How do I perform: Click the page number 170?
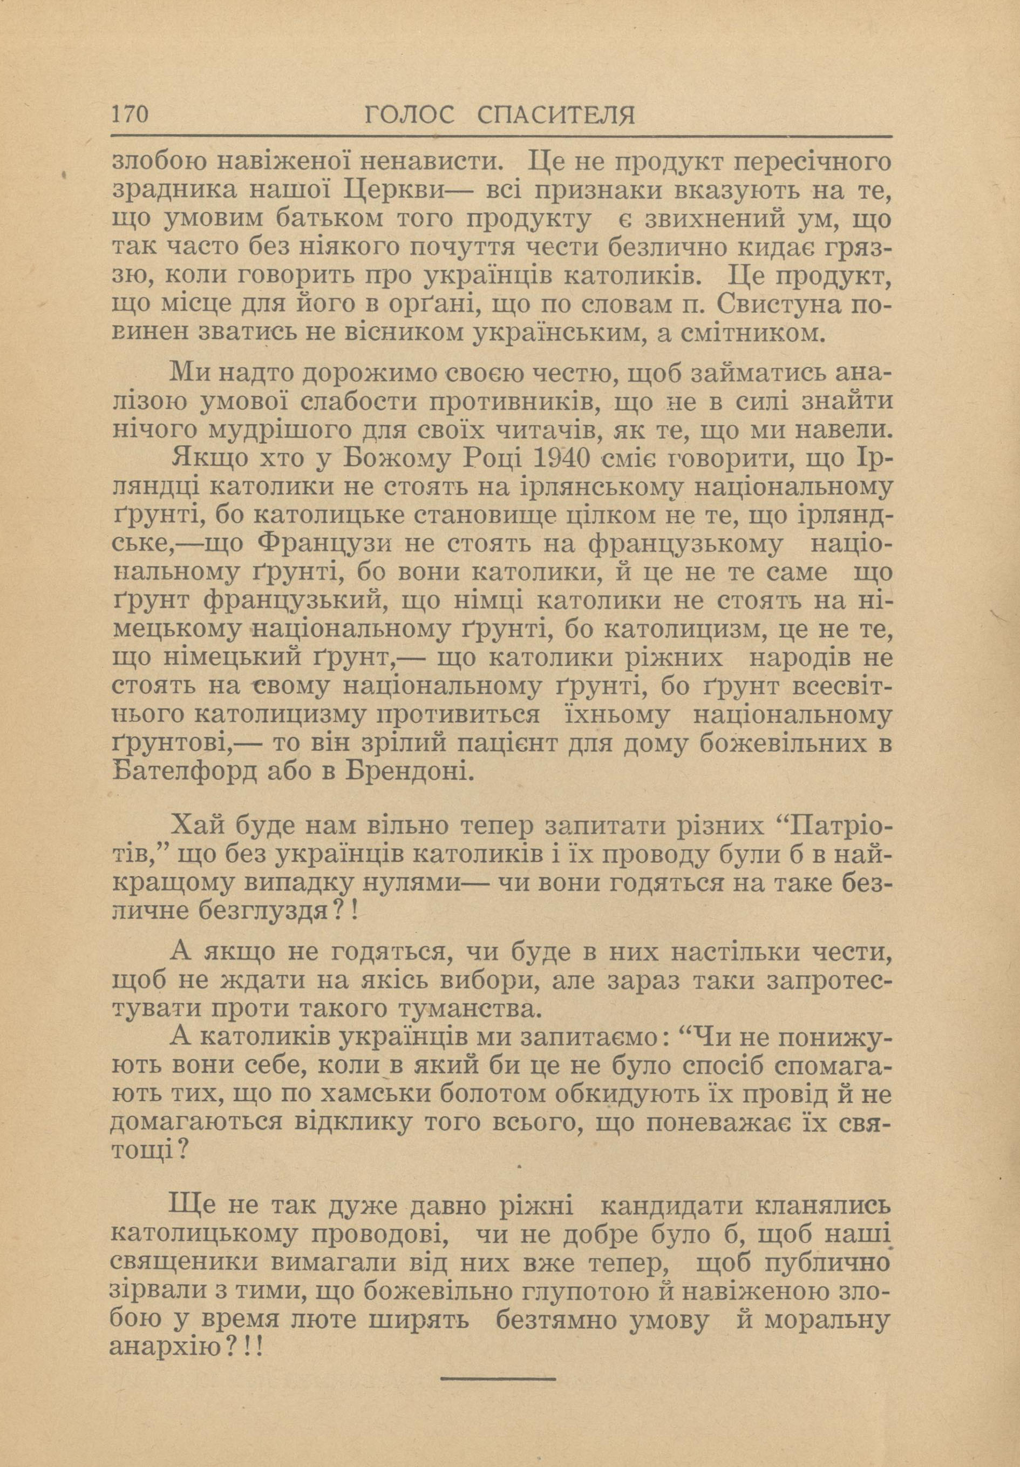130,114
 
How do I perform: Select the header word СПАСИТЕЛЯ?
556,115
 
